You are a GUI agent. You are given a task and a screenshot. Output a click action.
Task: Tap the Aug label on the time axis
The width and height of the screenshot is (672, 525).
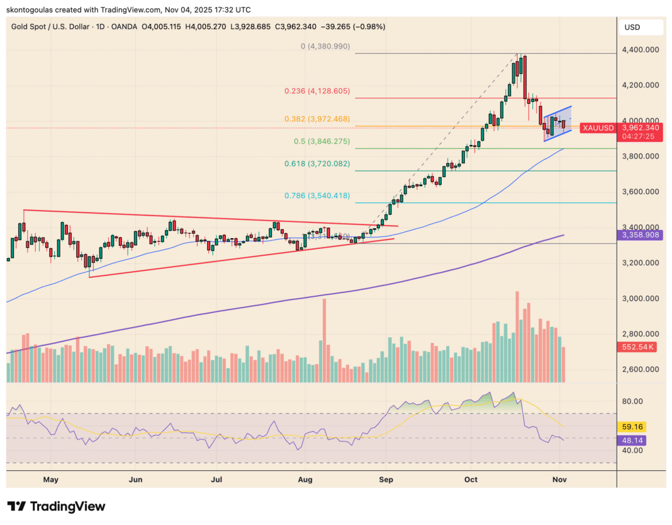point(305,480)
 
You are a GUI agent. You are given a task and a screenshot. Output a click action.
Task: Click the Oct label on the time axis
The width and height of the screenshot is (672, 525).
point(472,480)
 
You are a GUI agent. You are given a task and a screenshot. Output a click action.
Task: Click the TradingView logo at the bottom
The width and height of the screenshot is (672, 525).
point(57,507)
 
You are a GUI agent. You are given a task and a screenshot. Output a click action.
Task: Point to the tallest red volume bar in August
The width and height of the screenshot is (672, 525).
point(325,340)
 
